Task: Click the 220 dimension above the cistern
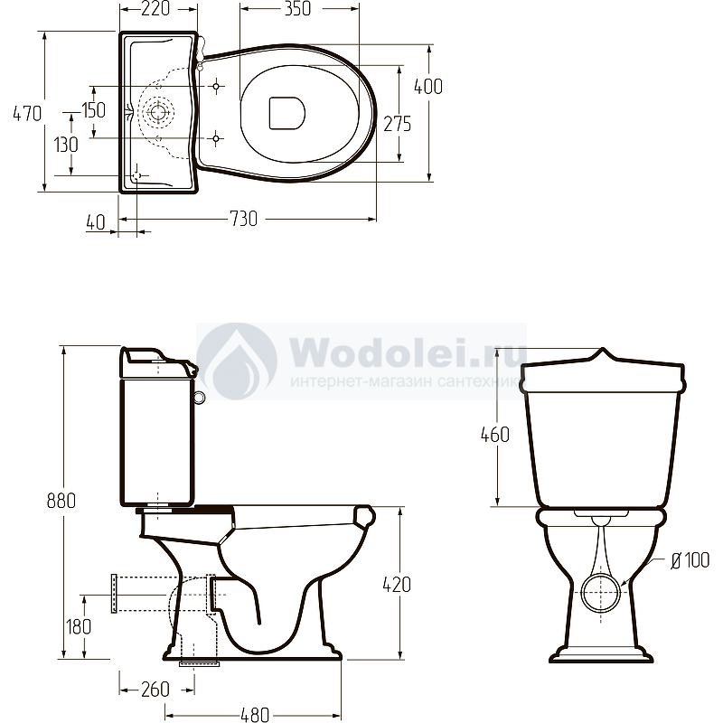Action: pyautogui.click(x=155, y=8)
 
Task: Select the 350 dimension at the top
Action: pyautogui.click(x=297, y=8)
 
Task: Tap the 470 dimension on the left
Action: pyautogui.click(x=27, y=113)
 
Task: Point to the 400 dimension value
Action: pyautogui.click(x=428, y=86)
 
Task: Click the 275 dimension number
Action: pyautogui.click(x=398, y=124)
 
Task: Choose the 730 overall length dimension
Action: pyautogui.click(x=243, y=219)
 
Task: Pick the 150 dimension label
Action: pyautogui.click(x=94, y=109)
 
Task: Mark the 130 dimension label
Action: pyautogui.click(x=66, y=145)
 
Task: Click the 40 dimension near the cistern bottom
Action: pyautogui.click(x=96, y=222)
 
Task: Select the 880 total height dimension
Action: pyautogui.click(x=61, y=501)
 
